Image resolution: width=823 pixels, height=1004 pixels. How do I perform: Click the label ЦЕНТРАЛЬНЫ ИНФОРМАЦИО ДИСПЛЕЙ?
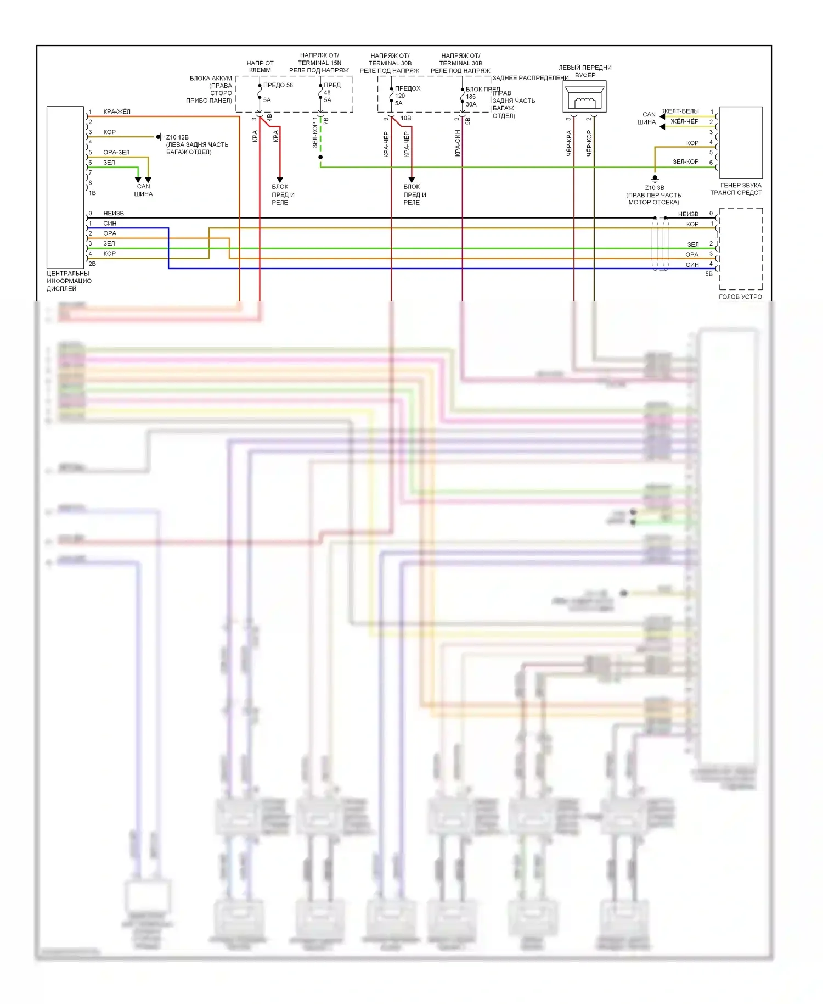pyautogui.click(x=69, y=281)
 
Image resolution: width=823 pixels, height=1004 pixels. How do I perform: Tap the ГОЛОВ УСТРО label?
pyautogui.click(x=740, y=297)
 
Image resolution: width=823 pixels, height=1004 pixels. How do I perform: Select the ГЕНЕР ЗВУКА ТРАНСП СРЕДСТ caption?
pyautogui.click(x=736, y=189)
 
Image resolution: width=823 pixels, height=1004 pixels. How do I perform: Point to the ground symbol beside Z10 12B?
pyautogui.click(x=159, y=137)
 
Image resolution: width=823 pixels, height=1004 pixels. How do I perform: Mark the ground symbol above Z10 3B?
pyautogui.click(x=655, y=178)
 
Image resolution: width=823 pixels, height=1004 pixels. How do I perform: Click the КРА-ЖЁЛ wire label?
pyautogui.click(x=117, y=112)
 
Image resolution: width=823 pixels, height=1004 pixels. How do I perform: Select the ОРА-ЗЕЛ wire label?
pyautogui.click(x=116, y=153)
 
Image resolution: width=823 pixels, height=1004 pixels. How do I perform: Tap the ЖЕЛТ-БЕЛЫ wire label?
pyautogui.click(x=681, y=111)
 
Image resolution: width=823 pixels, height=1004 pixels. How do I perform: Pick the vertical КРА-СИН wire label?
pyautogui.click(x=457, y=143)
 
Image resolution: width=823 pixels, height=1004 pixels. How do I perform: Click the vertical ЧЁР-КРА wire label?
pyautogui.click(x=568, y=143)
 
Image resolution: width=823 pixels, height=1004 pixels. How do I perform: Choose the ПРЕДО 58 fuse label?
pyautogui.click(x=278, y=85)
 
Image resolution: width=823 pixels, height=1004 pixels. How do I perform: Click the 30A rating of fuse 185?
pyautogui.click(x=471, y=104)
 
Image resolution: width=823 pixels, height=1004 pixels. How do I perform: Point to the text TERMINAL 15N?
pyautogui.click(x=319, y=63)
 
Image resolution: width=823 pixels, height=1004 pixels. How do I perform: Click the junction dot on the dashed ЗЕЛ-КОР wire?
pyautogui.click(x=320, y=157)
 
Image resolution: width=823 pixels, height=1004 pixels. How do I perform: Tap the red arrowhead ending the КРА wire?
pyautogui.click(x=280, y=180)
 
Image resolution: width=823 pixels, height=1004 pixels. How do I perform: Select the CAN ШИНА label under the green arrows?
pyautogui.click(x=143, y=190)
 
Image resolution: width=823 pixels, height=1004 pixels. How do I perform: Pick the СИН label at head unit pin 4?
pyautogui.click(x=692, y=265)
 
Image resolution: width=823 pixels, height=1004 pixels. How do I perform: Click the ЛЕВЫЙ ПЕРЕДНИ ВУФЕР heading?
pyautogui.click(x=585, y=71)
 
